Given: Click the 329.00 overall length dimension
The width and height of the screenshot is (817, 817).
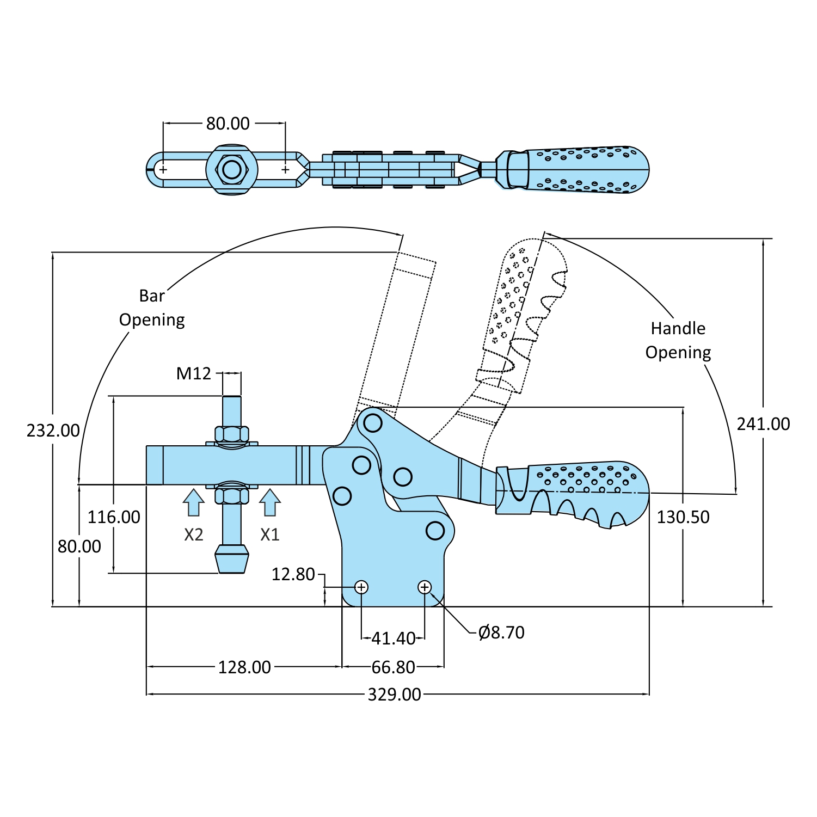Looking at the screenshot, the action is click(x=395, y=695).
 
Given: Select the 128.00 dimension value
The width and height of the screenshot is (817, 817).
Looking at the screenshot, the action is click(x=244, y=667).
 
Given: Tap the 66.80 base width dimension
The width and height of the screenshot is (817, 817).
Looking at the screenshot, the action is click(x=394, y=667).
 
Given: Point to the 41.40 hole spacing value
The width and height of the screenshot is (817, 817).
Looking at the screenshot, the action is click(x=394, y=638).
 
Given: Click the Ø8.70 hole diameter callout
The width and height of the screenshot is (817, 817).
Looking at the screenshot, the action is click(x=501, y=632).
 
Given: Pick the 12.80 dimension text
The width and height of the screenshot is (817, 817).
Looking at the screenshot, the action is click(x=293, y=574).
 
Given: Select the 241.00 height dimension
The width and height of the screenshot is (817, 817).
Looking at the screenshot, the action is click(x=764, y=424).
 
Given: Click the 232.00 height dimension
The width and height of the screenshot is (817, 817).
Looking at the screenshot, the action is click(x=53, y=431).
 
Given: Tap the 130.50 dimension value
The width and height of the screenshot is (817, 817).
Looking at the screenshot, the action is click(x=683, y=517).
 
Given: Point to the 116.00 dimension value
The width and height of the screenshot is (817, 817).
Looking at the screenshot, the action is click(x=114, y=517).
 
